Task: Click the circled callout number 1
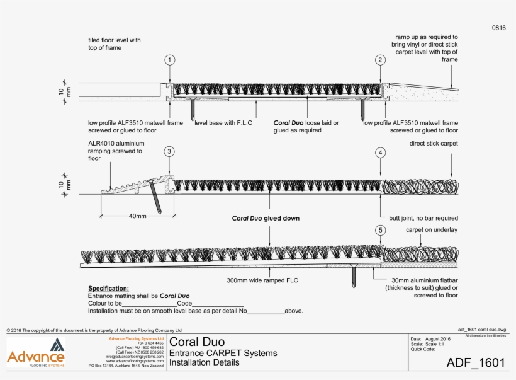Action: point(169,60)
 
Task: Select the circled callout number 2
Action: point(379,60)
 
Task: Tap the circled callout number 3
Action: point(169,152)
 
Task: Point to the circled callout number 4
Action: point(379,153)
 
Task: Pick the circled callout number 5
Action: point(379,231)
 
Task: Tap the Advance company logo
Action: point(36,353)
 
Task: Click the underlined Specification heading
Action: point(108,288)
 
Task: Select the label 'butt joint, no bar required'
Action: point(423,218)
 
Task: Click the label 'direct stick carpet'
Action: point(434,144)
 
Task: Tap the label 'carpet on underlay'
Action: point(432,230)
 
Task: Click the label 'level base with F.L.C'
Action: point(223,123)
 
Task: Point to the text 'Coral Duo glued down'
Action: point(266,218)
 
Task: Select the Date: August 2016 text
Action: point(434,339)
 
